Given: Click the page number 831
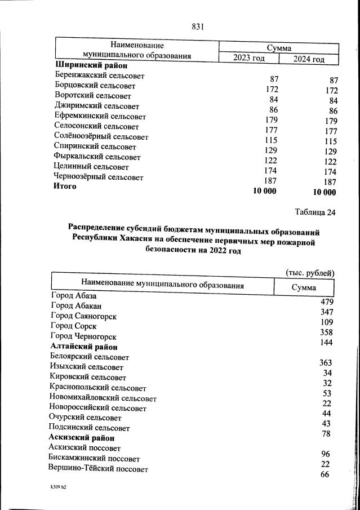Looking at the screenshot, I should pos(197,26).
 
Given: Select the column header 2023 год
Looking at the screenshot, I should pos(248,57).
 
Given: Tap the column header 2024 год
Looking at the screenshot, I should pos(309,59).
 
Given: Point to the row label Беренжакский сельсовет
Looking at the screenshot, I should pos(99,76).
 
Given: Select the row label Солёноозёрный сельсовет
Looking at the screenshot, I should pos(101,136).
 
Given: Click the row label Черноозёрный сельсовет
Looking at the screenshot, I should pos(99,177).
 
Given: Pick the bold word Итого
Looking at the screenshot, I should pos(65,187).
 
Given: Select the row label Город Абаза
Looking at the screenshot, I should pos(74,295).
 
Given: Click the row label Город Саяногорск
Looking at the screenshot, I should pos(83,316).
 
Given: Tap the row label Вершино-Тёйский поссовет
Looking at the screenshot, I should pos(99,469).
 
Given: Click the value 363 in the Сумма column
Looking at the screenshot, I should pos(325,363).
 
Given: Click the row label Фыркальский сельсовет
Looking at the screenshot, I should pos(97,157).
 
